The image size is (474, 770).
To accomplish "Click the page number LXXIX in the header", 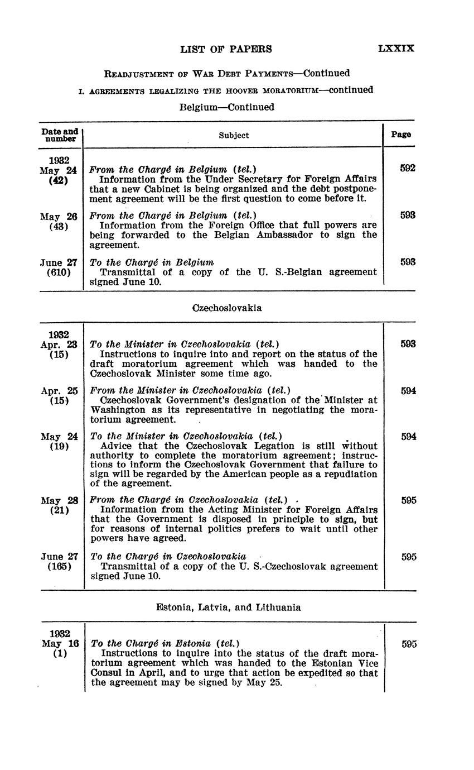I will coord(396,49).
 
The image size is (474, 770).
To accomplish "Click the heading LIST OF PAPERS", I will coord(226,49).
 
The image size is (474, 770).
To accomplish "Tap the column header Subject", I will coord(234,135).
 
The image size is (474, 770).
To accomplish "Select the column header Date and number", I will coord(60,135).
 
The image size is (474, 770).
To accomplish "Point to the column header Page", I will coord(401,135).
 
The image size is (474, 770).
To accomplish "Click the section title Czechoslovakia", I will coord(226,308).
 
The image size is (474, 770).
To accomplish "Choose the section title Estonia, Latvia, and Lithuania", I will coord(228,608).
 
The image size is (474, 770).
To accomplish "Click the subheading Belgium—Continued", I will coord(226,107).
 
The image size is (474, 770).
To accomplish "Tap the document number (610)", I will coord(59,272).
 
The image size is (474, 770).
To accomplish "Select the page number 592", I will coord(408,168).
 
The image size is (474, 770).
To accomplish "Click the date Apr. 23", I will coord(59,345).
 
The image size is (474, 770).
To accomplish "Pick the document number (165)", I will coord(59,566).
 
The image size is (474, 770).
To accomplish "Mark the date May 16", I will coord(60,643).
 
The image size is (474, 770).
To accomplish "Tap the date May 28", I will coord(59,500).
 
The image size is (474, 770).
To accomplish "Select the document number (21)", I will coord(59,510).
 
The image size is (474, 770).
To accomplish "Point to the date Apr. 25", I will coord(59,391).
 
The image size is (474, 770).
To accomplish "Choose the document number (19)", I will coord(59,446).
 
